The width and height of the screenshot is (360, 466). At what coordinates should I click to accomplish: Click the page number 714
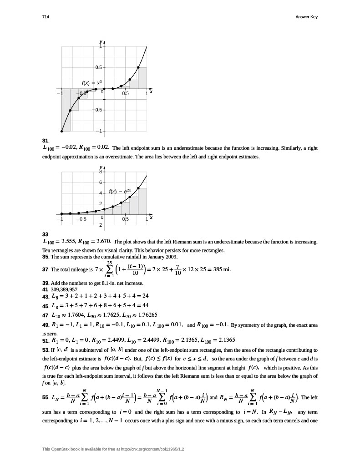click(45, 17)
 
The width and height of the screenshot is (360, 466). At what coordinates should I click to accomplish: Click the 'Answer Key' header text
click(306, 17)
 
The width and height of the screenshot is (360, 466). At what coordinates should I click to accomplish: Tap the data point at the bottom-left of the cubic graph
click(62, 132)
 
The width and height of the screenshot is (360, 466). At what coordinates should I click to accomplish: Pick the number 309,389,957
click(64, 289)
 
